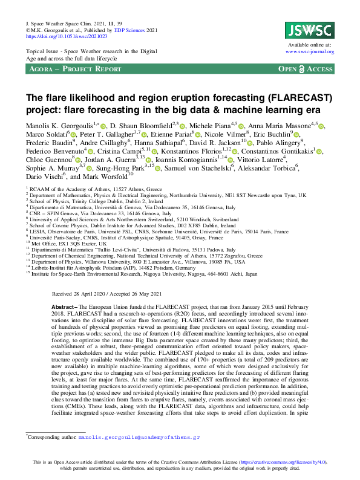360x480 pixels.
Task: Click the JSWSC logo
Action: (308, 30)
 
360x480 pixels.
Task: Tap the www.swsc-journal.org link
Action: (309, 52)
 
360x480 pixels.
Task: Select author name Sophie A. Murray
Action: (48, 168)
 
